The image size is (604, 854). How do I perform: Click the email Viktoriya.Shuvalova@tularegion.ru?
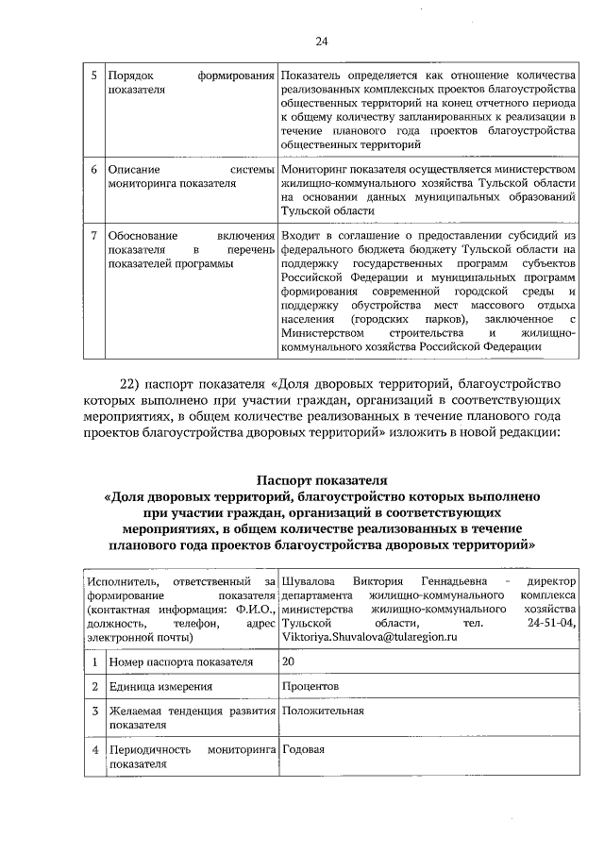368,638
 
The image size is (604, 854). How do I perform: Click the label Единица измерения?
159,687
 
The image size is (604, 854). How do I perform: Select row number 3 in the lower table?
93,711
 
